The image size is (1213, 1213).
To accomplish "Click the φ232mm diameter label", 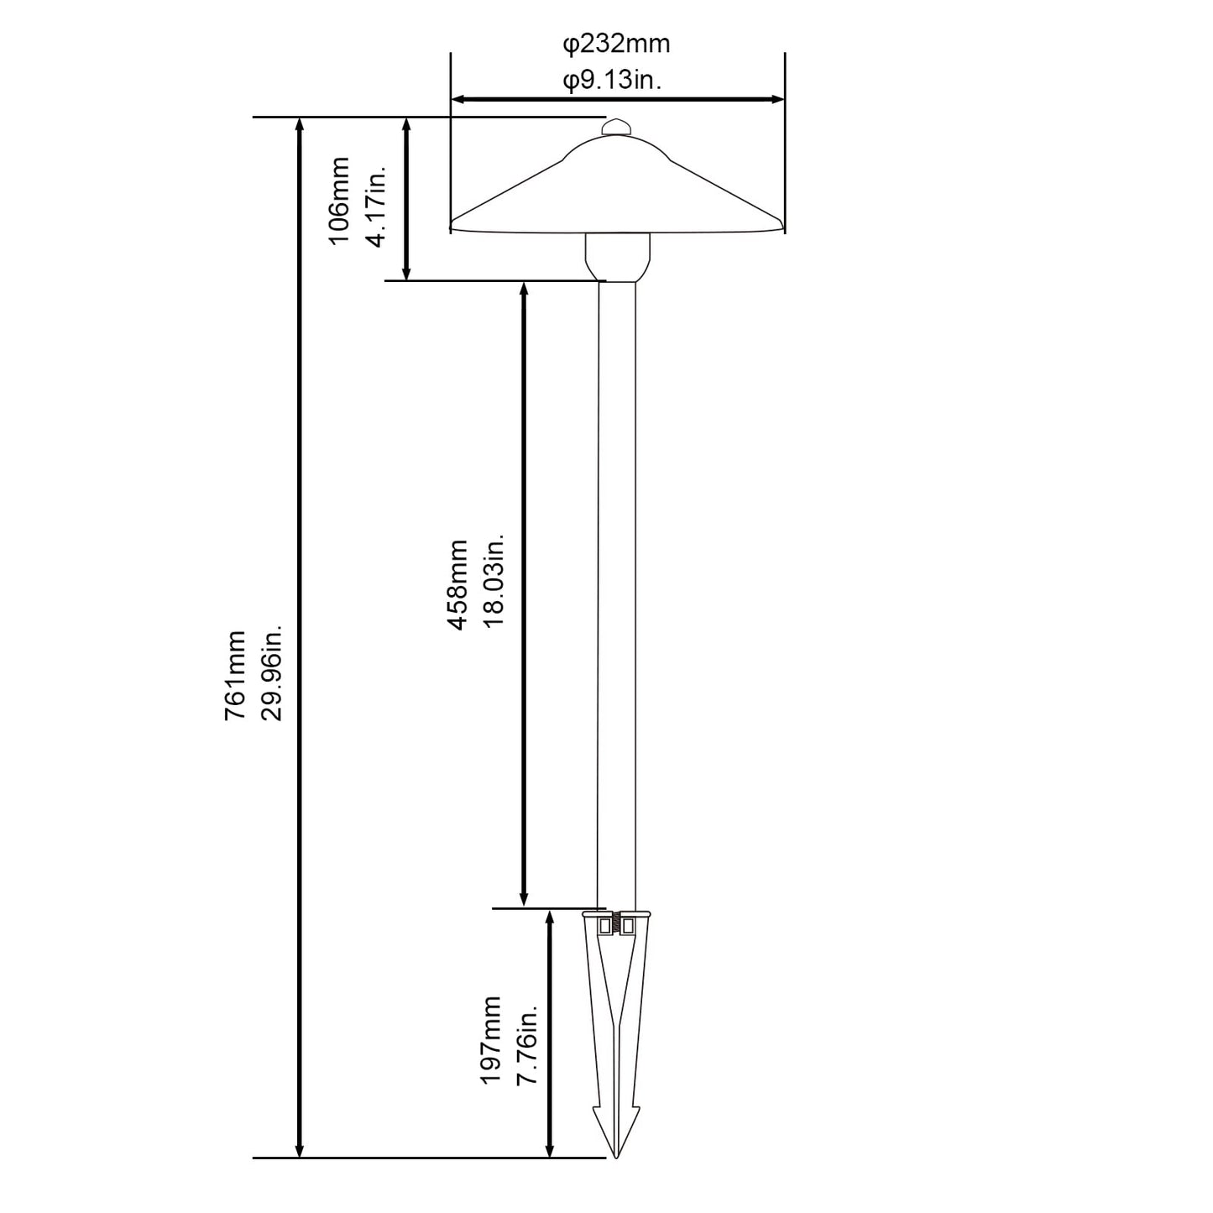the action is (x=615, y=44).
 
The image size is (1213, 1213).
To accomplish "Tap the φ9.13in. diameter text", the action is (x=612, y=81).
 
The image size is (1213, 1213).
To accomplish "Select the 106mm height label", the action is (x=339, y=201).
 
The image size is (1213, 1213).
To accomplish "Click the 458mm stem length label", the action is (x=457, y=585).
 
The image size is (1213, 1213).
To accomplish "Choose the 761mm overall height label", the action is (x=235, y=676).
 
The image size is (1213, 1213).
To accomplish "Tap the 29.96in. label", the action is (x=272, y=672).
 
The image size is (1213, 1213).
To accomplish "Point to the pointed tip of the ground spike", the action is (x=616, y=1174).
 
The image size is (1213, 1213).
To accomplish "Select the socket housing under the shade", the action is (x=617, y=258).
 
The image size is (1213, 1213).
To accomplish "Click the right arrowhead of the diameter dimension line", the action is (x=777, y=99).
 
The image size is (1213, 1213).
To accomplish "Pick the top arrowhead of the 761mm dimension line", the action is (x=300, y=125).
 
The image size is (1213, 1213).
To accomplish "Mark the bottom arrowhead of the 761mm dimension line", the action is (x=300, y=1167).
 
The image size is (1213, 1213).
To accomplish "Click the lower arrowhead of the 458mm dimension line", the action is (x=523, y=900).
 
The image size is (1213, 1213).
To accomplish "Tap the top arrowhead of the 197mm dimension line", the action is (x=550, y=918).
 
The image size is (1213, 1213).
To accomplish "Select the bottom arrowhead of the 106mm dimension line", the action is (x=406, y=273).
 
